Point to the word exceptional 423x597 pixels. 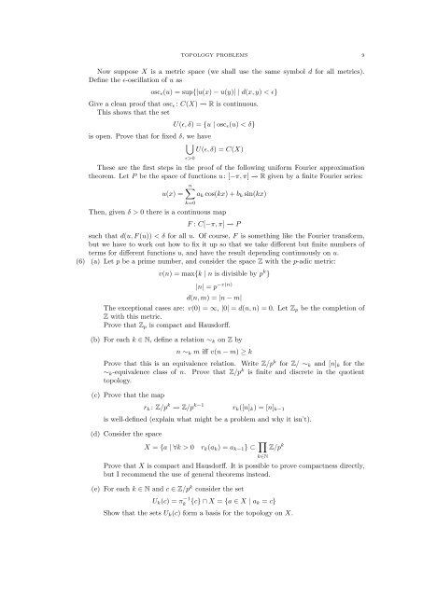click(139, 359)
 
